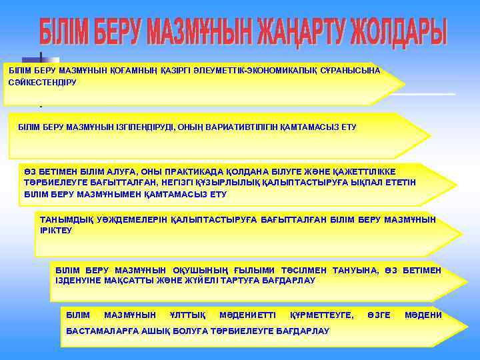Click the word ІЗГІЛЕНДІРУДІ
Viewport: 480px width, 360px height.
point(147,127)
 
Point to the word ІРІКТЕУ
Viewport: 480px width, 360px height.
point(56,230)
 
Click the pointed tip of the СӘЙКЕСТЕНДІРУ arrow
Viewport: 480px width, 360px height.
point(405,85)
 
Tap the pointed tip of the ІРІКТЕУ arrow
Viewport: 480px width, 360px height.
point(461,234)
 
